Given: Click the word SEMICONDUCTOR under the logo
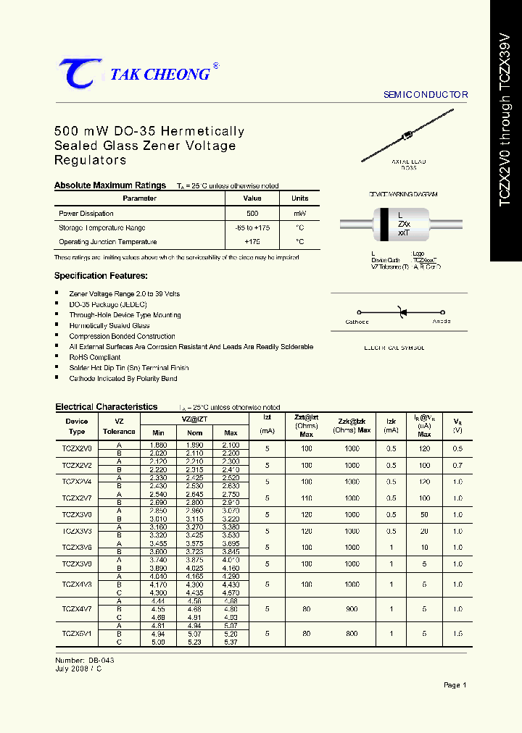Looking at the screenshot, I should pyautogui.click(x=425, y=95).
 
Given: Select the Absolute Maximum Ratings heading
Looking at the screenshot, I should pyautogui.click(x=110, y=185).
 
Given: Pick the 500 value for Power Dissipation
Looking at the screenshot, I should pyautogui.click(x=252, y=214).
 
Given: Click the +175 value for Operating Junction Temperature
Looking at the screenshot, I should pyautogui.click(x=252, y=242).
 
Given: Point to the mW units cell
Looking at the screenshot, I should pyautogui.click(x=299, y=214).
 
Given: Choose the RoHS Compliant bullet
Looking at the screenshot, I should pyautogui.click(x=94, y=357).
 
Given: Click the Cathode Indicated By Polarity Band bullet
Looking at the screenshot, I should pyautogui.click(x=123, y=378).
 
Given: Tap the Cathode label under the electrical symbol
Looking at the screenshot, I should pyautogui.click(x=357, y=322).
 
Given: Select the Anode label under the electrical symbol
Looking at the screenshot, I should pyautogui.click(x=441, y=321).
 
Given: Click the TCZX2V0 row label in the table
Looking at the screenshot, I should pyautogui.click(x=76, y=449).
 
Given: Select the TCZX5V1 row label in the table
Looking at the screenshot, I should pyautogui.click(x=76, y=633).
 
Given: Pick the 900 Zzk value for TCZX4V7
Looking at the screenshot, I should pyautogui.click(x=352, y=610).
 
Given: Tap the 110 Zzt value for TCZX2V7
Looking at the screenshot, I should pyautogui.click(x=307, y=498).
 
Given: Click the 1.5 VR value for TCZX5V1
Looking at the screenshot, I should pyautogui.click(x=457, y=633).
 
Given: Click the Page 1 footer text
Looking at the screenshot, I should pyautogui.click(x=455, y=685).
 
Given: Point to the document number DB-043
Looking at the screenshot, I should pyautogui.click(x=101, y=661).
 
